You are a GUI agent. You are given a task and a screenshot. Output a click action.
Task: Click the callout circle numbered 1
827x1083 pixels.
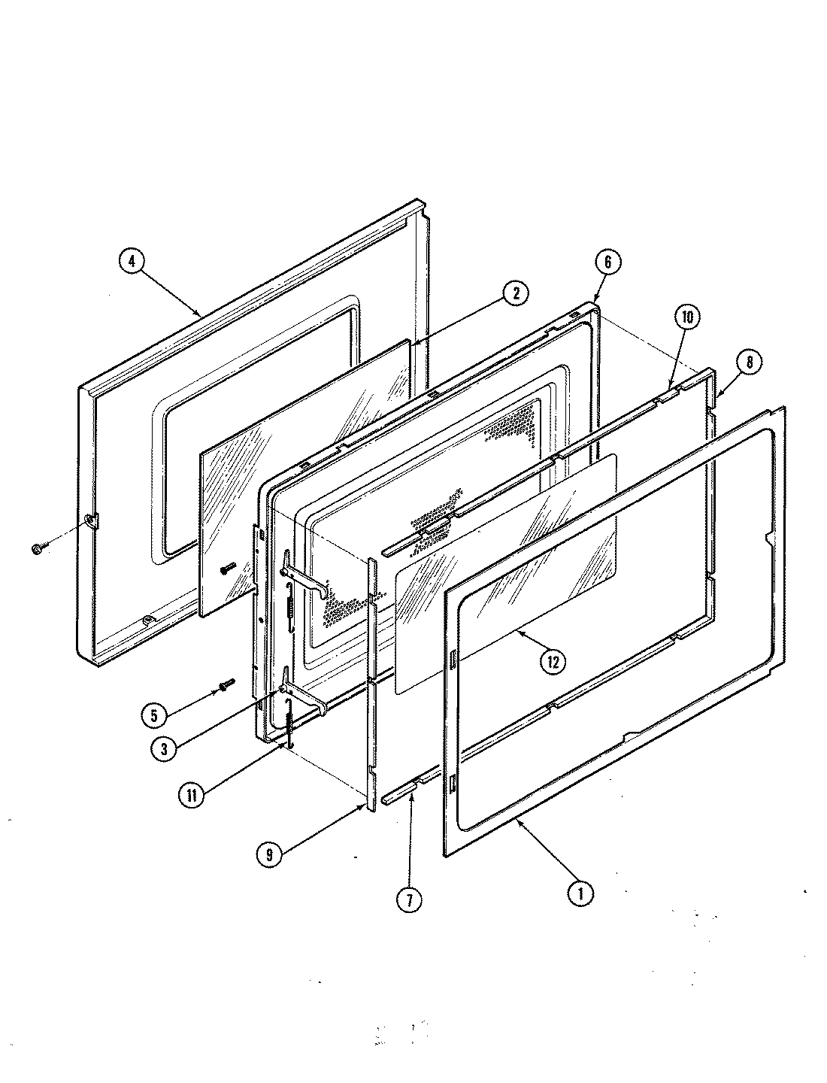tap(580, 893)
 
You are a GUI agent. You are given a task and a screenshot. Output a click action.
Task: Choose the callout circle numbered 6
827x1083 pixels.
tap(607, 262)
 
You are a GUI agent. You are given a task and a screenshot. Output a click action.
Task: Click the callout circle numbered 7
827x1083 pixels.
tap(409, 899)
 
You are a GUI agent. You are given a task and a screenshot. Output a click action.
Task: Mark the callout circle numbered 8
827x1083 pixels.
tap(750, 363)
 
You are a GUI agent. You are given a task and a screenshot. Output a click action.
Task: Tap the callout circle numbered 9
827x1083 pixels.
tap(269, 855)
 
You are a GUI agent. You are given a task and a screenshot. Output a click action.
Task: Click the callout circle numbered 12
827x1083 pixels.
tap(553, 662)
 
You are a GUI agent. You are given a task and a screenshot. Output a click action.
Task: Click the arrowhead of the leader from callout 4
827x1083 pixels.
tap(200, 315)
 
